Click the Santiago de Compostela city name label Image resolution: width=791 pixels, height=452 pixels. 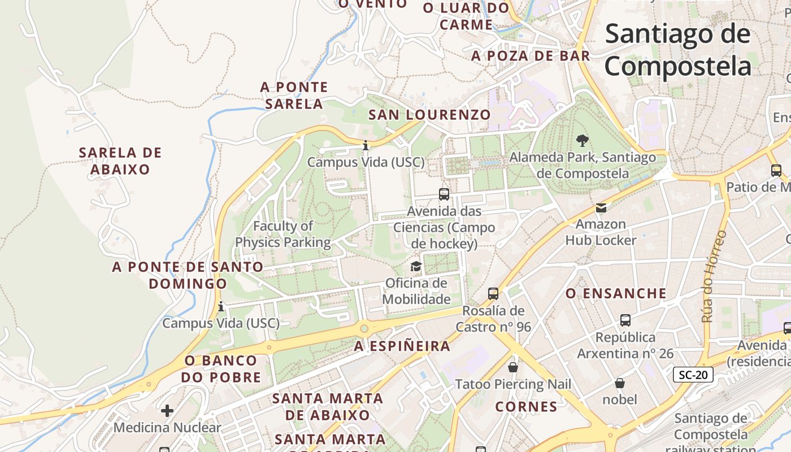678,50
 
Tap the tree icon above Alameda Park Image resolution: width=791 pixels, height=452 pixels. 582,140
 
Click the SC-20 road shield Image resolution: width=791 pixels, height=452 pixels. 693,374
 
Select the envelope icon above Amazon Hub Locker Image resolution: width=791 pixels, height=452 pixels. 601,208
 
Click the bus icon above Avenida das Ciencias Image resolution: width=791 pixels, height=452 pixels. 444,194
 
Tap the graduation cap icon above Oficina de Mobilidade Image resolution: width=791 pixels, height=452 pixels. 416,266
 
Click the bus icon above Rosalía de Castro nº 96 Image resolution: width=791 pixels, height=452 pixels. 493,294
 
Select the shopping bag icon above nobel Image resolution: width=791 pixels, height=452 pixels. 620,383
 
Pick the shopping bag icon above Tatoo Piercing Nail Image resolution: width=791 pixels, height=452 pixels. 513,367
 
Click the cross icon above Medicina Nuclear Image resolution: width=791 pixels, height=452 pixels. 167,410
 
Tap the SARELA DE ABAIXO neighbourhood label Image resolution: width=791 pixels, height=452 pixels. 120,161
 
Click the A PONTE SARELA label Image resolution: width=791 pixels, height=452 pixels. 294,95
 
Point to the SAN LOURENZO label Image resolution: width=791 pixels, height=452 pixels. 429,115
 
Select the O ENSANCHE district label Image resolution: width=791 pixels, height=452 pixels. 616,293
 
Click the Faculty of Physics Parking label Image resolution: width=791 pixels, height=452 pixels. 283,234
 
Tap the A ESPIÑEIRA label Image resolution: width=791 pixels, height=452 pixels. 402,346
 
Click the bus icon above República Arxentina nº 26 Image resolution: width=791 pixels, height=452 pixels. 625,320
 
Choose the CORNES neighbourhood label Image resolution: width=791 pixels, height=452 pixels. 526,406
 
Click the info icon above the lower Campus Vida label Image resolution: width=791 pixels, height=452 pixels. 221,307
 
